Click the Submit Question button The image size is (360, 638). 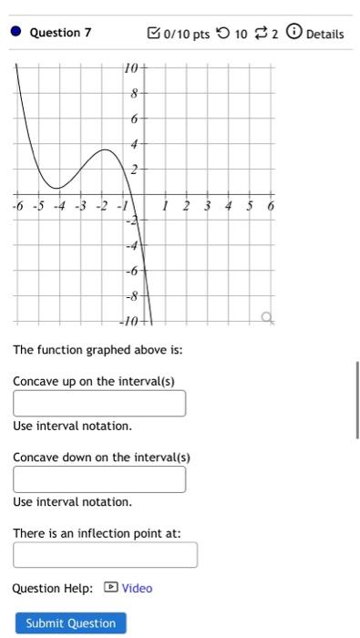point(70,623)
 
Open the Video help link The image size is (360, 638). point(137,588)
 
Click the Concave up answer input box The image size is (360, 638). point(99,403)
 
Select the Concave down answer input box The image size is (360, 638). point(99,479)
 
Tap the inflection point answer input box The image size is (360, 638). point(105,555)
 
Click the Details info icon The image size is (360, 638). point(293,33)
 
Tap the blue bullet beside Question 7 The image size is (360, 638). point(15,33)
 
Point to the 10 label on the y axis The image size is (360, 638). point(131,68)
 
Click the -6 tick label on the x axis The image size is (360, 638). point(18,206)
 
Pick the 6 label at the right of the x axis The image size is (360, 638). point(271,206)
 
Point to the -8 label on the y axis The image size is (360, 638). point(131,296)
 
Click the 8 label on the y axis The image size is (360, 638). point(133,93)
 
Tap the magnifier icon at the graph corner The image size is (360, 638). point(266,317)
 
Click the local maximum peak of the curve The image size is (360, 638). point(105,149)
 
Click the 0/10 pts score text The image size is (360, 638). point(185,34)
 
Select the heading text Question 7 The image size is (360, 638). point(60,33)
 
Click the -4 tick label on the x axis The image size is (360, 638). point(59,206)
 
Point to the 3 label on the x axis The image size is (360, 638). point(207,206)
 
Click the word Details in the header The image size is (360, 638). point(325,34)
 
